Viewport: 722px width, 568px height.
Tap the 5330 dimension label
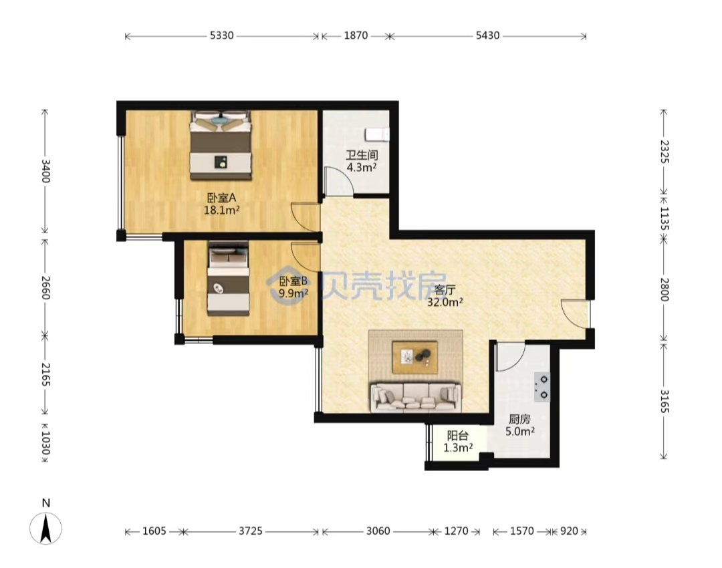click(x=222, y=35)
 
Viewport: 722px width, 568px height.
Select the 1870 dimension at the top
click(x=356, y=35)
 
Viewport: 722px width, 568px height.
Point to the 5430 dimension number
click(x=487, y=35)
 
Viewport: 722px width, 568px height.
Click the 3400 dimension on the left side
click(x=45, y=171)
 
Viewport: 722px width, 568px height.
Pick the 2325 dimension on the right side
click(x=664, y=152)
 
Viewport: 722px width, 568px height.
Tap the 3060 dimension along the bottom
click(x=378, y=531)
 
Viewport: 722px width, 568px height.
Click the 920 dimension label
click(x=569, y=531)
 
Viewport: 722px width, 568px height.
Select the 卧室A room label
click(x=221, y=198)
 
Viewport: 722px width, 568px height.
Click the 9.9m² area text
click(x=293, y=293)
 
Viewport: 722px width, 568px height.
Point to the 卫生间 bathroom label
click(x=362, y=155)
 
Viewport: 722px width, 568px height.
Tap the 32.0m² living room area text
click(x=445, y=303)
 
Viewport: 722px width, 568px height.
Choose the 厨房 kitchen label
click(x=519, y=420)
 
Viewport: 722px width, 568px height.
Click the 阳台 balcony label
click(x=458, y=436)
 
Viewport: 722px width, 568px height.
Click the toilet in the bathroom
click(x=377, y=134)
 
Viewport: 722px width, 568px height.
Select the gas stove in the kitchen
click(x=542, y=387)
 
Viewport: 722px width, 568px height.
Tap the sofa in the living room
click(x=415, y=397)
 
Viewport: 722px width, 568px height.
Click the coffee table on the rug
click(x=414, y=358)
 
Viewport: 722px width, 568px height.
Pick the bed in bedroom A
click(x=221, y=145)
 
